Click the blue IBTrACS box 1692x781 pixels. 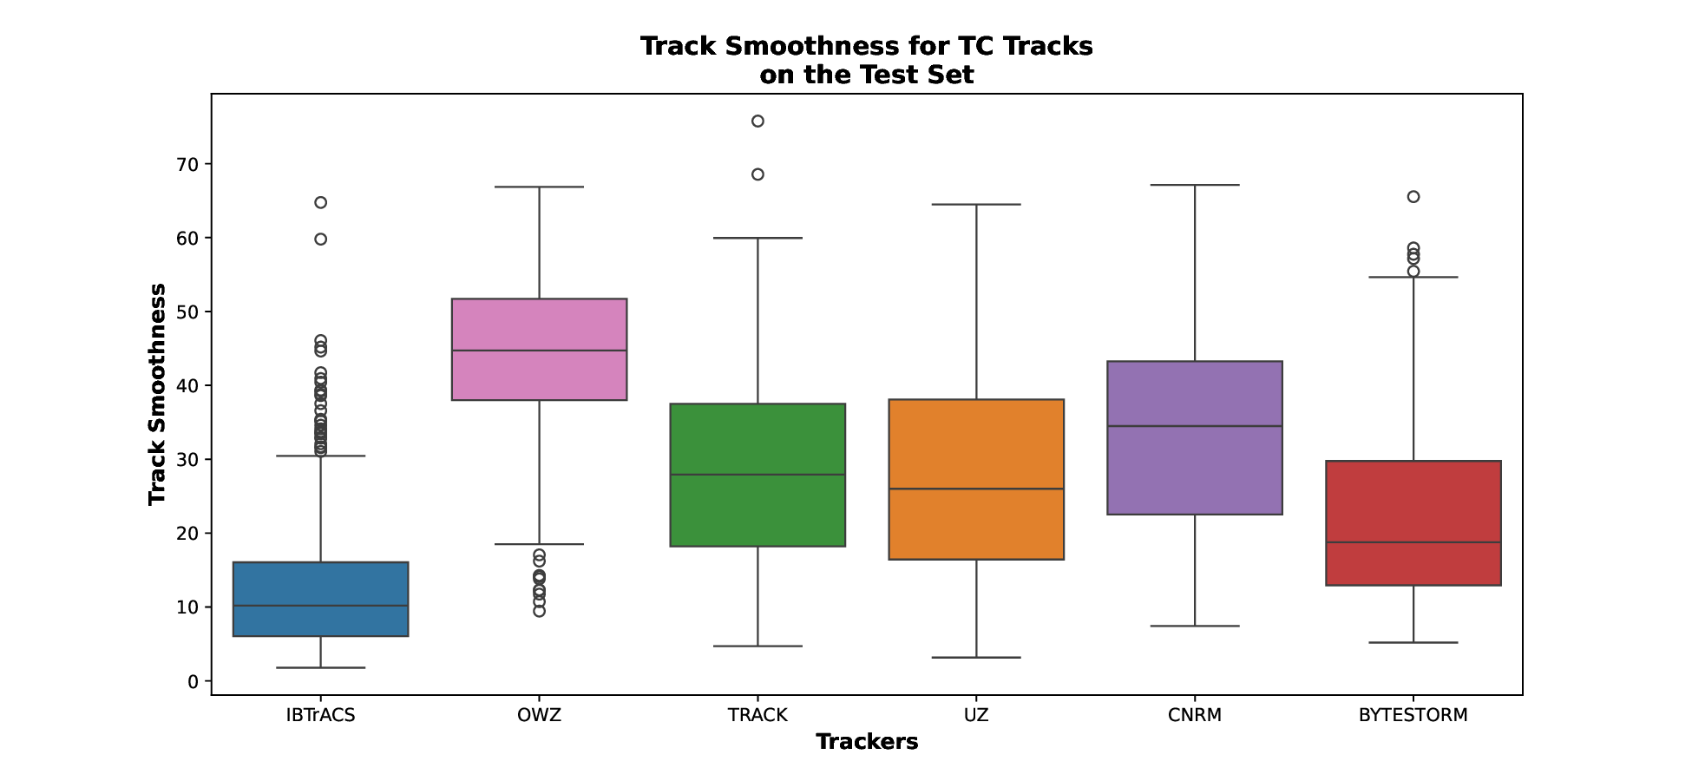coord(321,599)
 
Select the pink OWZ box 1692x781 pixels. coord(539,349)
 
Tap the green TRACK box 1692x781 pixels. coord(757,475)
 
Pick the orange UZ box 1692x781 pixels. coord(976,479)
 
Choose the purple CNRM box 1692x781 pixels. coord(1195,437)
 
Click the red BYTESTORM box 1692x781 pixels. coord(1413,522)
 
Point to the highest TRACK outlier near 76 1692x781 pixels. coord(757,121)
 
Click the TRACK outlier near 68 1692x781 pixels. coord(757,174)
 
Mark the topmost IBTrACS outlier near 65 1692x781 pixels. coord(321,202)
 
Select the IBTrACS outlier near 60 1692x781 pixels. coord(321,239)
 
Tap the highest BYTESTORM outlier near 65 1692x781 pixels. coord(1413,197)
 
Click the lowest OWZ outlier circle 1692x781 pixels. coord(539,611)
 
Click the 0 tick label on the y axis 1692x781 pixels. coord(193,681)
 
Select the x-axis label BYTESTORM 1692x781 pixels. coord(1413,715)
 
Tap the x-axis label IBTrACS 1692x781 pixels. coord(321,715)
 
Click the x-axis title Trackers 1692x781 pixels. coord(867,742)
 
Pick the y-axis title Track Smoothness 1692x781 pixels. coord(157,394)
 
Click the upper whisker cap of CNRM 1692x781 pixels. coord(1195,185)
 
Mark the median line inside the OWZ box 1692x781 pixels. coord(539,351)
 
